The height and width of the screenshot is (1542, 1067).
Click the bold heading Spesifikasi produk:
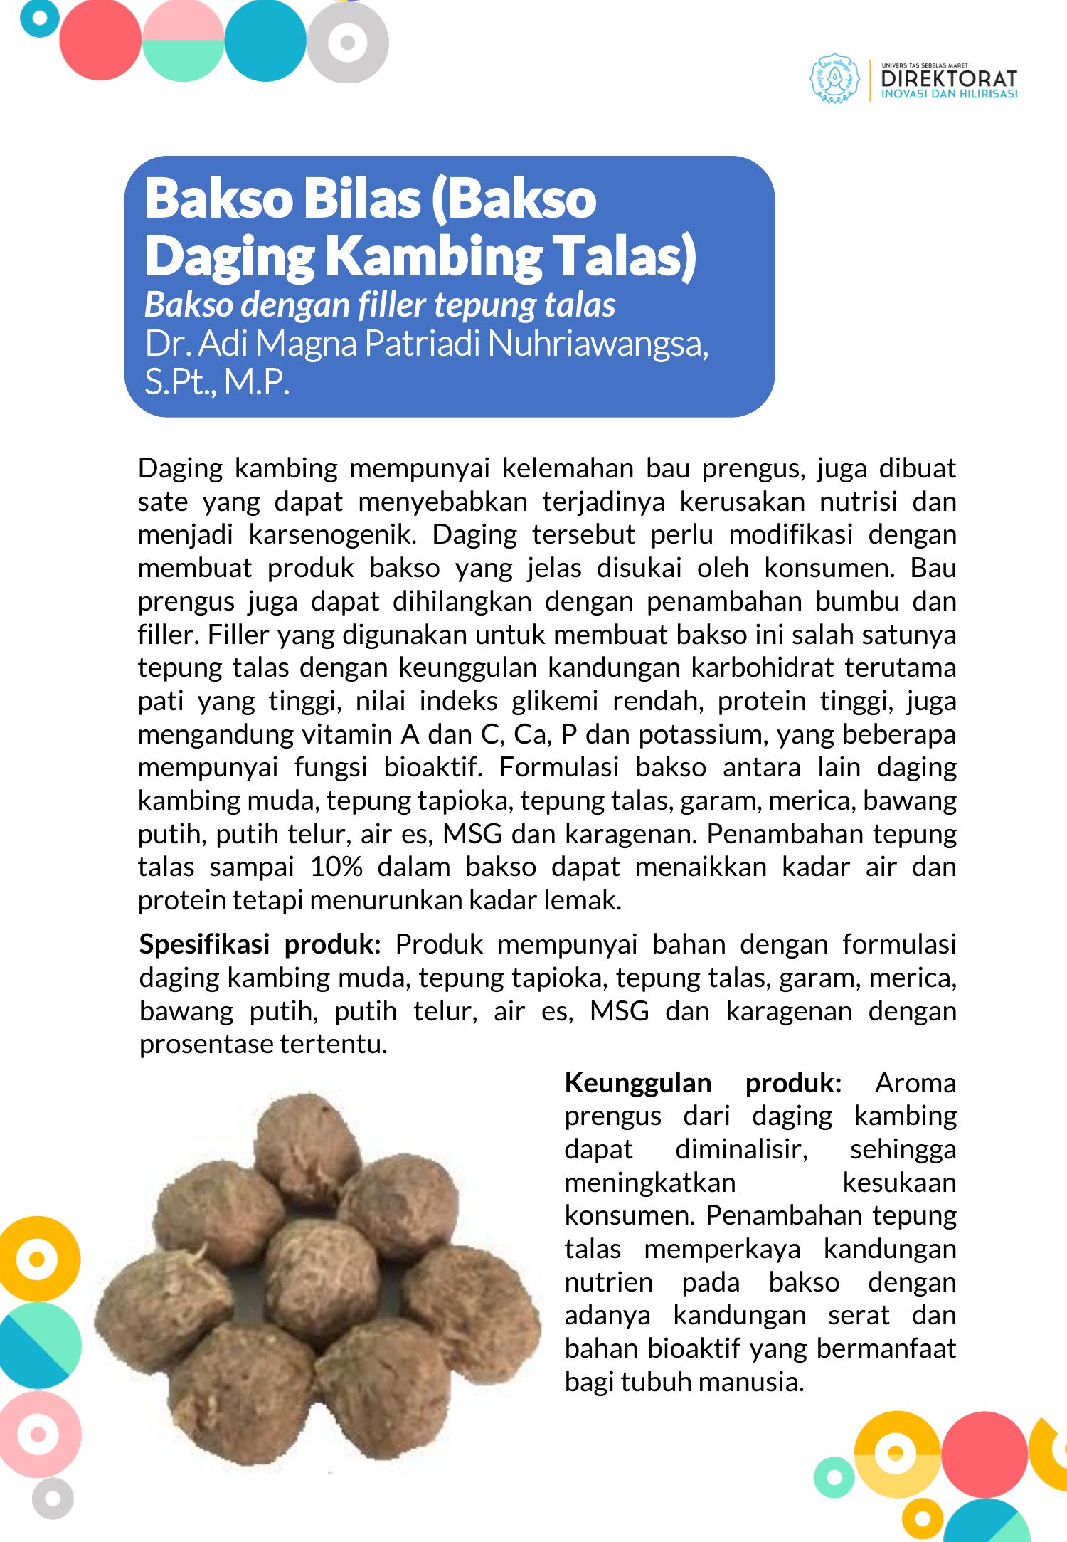pos(260,944)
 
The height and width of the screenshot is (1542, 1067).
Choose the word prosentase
pos(206,1044)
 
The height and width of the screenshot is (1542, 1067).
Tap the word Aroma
pos(915,1082)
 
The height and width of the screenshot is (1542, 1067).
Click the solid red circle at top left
pos(100,41)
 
